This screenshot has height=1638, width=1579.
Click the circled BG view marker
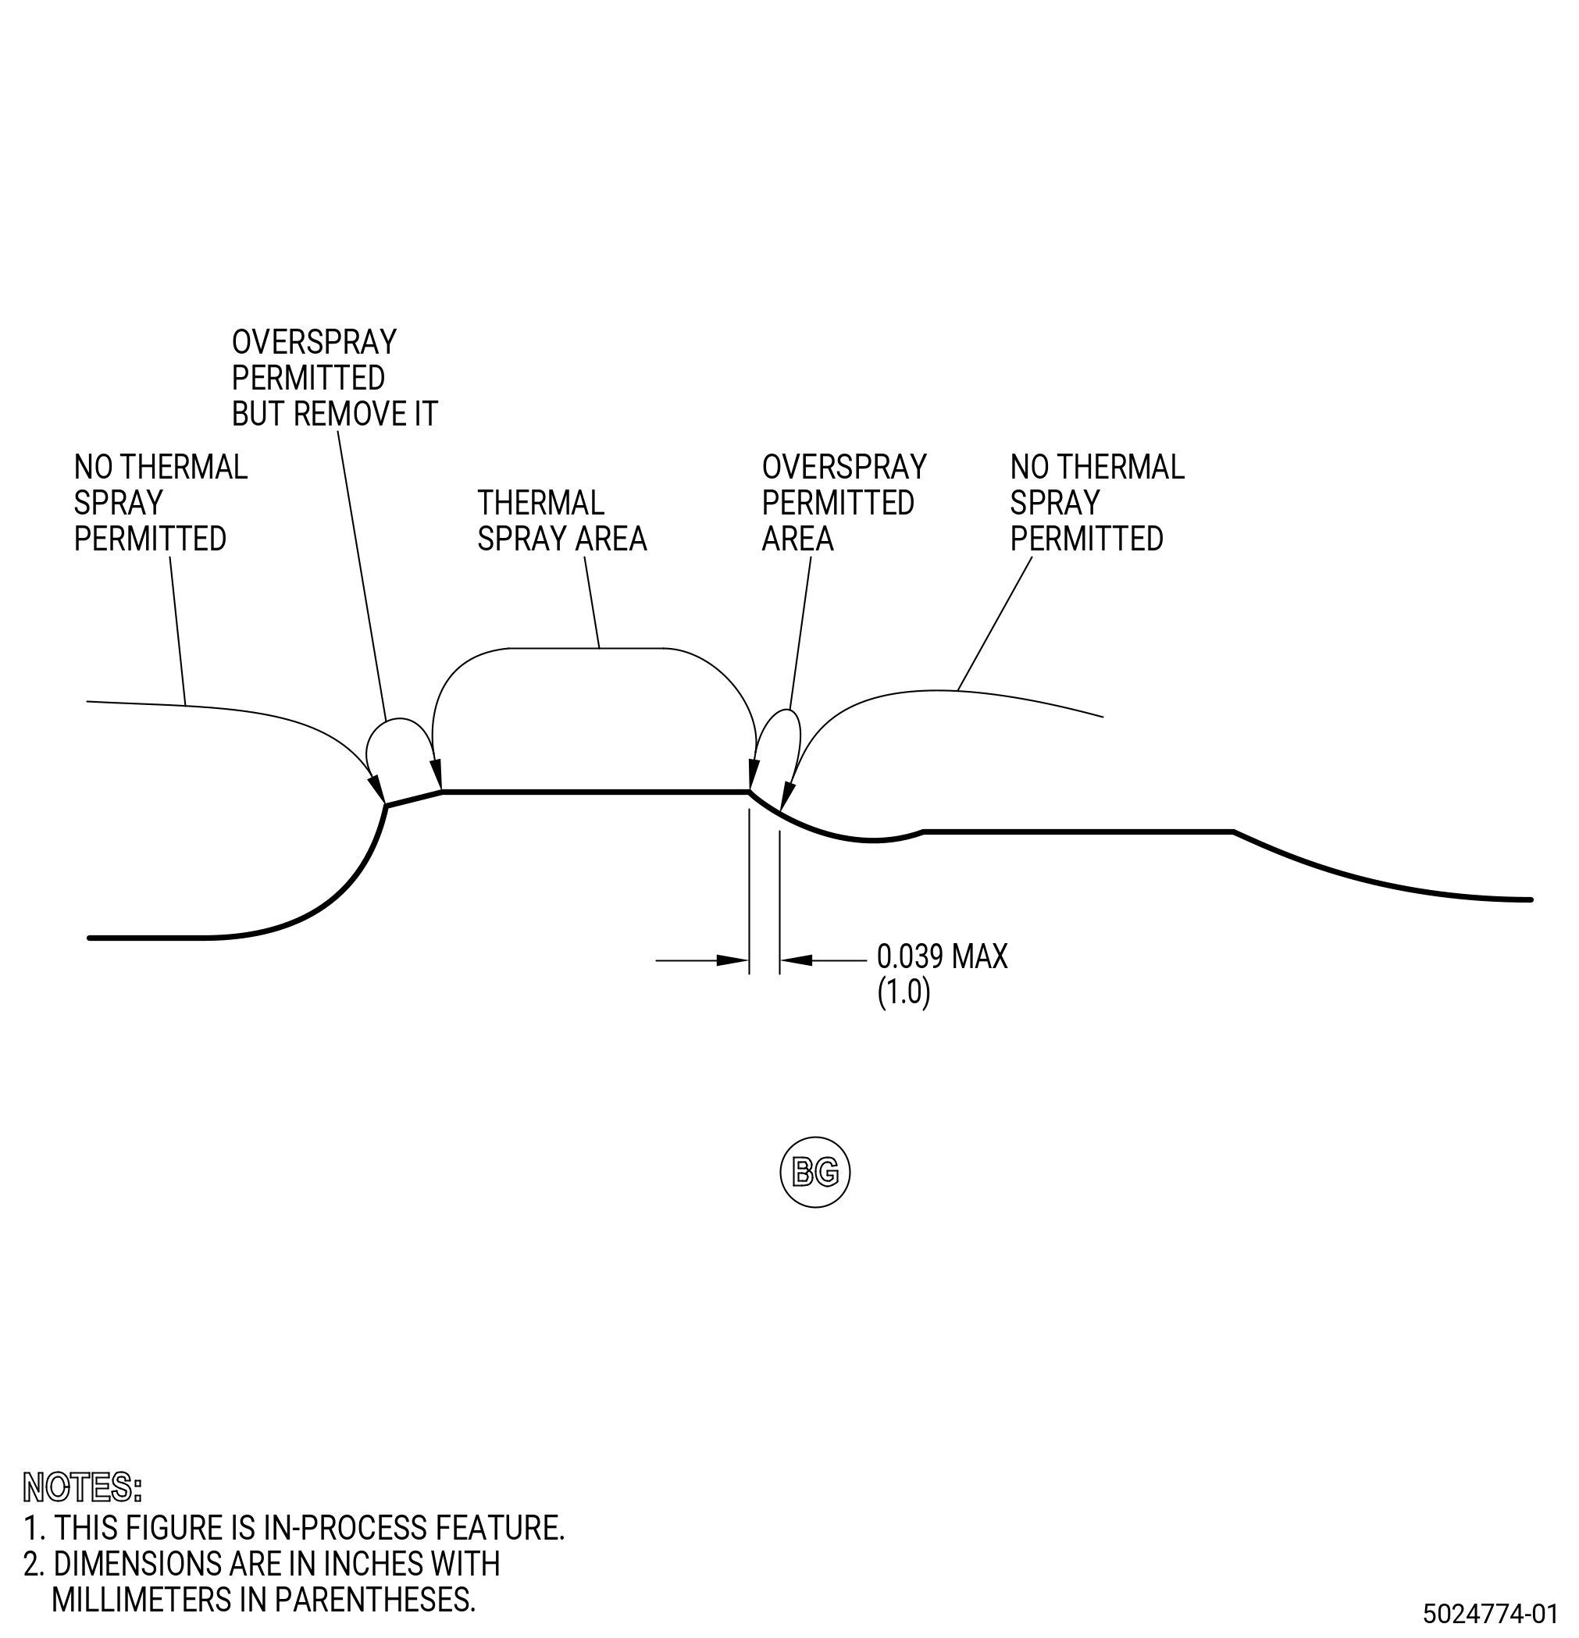pos(815,1172)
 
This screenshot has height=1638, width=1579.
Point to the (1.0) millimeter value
pos(904,993)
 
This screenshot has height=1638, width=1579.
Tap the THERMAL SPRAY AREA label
pos(561,521)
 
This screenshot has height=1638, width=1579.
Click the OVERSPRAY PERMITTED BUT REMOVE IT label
pos(334,378)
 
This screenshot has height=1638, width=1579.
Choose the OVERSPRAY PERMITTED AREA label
pos(844,503)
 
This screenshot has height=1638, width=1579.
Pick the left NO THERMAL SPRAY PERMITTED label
pos(161,503)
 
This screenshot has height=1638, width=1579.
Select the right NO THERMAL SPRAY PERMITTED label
pos(1096,503)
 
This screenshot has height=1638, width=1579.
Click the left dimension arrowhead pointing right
pos(732,960)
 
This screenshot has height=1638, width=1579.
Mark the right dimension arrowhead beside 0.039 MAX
pos(796,960)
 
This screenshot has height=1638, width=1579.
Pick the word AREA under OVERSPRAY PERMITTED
pos(797,539)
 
